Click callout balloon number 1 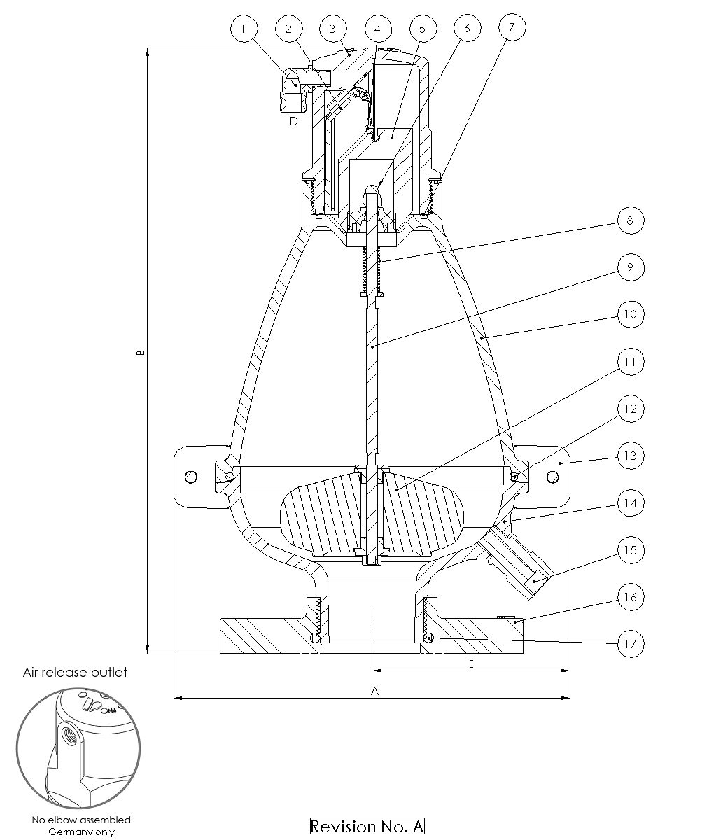[244, 29]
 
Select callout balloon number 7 [512, 27]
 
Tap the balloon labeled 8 [631, 220]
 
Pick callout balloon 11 [631, 362]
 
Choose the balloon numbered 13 [631, 456]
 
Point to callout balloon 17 [631, 644]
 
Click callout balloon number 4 [378, 29]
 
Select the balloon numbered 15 [631, 550]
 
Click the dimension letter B [141, 352]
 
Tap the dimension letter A [374, 691]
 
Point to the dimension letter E [471, 664]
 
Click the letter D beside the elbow [293, 121]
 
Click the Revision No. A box [367, 826]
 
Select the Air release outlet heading [75, 672]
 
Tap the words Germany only [81, 832]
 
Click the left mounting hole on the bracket [191, 477]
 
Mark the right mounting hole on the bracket [553, 477]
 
